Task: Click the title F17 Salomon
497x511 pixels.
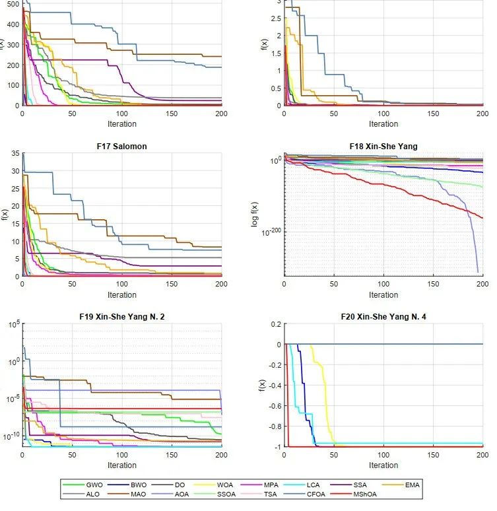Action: (x=122, y=146)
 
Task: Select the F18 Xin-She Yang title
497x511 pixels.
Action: (x=383, y=146)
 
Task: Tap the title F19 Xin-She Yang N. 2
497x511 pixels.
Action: (x=122, y=317)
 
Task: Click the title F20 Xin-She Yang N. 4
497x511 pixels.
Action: (x=383, y=317)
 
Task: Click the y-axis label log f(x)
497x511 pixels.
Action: (x=255, y=215)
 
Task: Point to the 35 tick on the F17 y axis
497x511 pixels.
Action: (x=15, y=153)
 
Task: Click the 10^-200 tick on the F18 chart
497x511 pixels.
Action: (x=271, y=232)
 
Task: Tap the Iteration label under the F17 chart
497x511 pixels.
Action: (x=122, y=295)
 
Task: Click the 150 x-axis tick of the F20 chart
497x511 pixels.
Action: (x=433, y=456)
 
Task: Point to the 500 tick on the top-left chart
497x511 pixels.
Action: (x=12, y=3)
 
